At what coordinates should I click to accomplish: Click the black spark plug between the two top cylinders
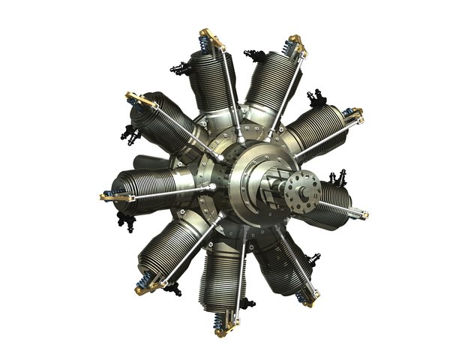click(256, 55)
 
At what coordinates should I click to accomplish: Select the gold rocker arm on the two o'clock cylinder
click(352, 114)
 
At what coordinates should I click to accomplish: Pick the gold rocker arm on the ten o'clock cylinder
click(138, 99)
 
